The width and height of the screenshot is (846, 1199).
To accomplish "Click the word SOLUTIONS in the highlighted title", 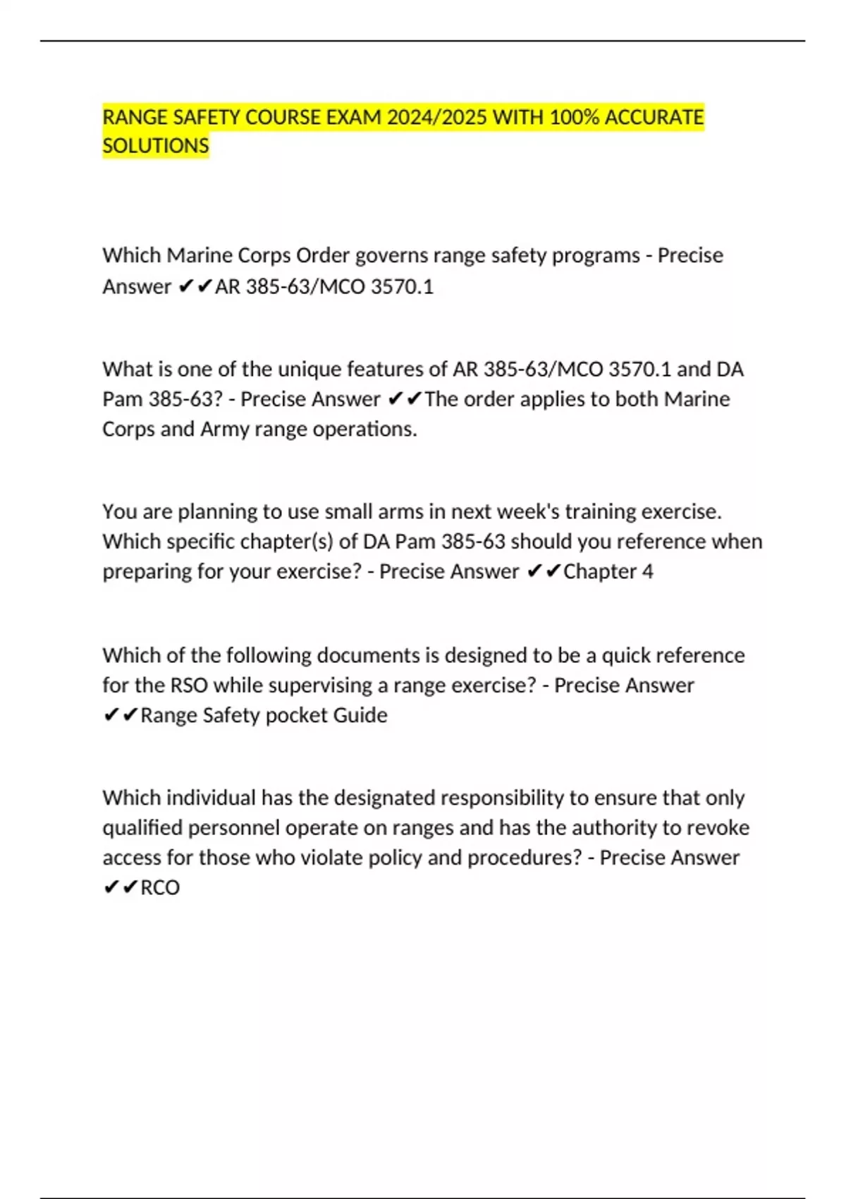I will click(x=156, y=146).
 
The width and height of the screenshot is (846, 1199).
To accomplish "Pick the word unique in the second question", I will click(x=309, y=370).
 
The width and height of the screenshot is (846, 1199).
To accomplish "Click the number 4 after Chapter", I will click(x=647, y=571).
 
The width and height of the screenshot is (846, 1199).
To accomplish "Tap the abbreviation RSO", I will click(x=189, y=686).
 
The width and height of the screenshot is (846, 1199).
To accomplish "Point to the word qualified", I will click(x=142, y=828).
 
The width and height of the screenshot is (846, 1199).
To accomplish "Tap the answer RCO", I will click(x=160, y=887).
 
